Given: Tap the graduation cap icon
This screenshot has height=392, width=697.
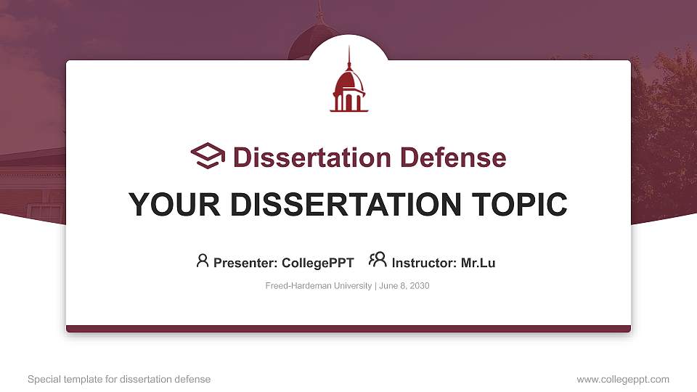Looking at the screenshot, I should [x=208, y=156].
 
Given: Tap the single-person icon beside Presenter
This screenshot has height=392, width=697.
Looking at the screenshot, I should [x=203, y=261].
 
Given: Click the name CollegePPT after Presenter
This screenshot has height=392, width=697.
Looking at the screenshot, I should [x=318, y=263].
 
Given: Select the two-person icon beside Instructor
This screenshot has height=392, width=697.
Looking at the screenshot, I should [x=378, y=260].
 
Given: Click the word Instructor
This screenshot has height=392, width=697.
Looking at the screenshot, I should [x=423, y=263].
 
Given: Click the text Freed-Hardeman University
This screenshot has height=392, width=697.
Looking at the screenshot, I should [x=319, y=286].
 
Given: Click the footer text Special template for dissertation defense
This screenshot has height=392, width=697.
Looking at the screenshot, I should [x=119, y=379].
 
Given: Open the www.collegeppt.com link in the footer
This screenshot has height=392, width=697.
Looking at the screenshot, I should [x=623, y=379].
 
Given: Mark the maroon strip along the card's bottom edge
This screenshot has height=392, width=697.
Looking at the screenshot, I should [x=348, y=329].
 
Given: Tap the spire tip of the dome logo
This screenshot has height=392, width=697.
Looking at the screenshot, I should [x=348, y=49].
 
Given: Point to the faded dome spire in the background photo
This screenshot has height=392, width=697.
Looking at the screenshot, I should [x=319, y=10].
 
